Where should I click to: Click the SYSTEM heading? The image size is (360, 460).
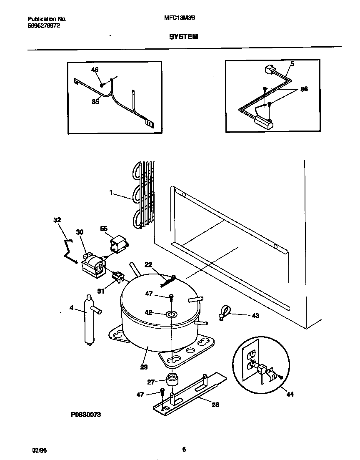point(183,37)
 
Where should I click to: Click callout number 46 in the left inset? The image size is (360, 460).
point(95,70)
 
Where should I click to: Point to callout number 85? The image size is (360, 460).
point(95,102)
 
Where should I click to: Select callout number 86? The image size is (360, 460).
point(304,89)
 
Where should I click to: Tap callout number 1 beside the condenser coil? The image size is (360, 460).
point(111,193)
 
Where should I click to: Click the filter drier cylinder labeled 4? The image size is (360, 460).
point(88,319)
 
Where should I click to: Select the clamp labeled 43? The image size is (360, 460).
point(225,312)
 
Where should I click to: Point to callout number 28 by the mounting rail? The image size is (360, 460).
point(215,405)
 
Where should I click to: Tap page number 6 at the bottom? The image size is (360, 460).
point(184,449)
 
